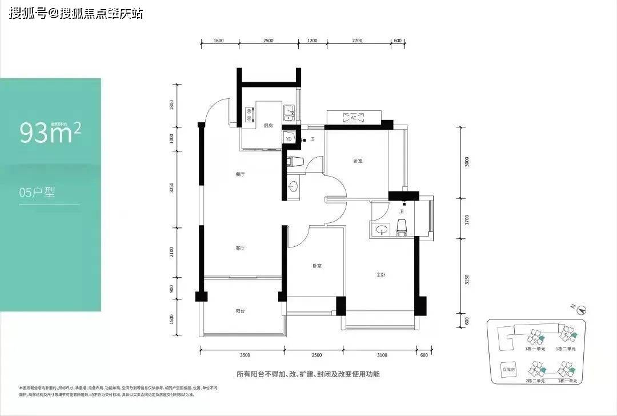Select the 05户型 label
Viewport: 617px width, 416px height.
(x=37, y=193)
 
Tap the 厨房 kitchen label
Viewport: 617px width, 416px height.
(x=267, y=126)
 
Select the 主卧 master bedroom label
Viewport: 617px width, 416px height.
(x=381, y=275)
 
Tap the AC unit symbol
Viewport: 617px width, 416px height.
(x=353, y=117)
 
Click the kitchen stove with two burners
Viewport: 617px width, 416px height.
(x=249, y=114)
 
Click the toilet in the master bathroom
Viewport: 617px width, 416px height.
(x=401, y=226)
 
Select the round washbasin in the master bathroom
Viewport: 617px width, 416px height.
(x=381, y=230)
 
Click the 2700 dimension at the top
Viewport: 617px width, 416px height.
(x=357, y=41)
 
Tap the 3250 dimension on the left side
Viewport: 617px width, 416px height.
(x=171, y=189)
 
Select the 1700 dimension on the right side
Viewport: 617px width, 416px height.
(x=467, y=219)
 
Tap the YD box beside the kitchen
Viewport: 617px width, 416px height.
(x=289, y=139)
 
